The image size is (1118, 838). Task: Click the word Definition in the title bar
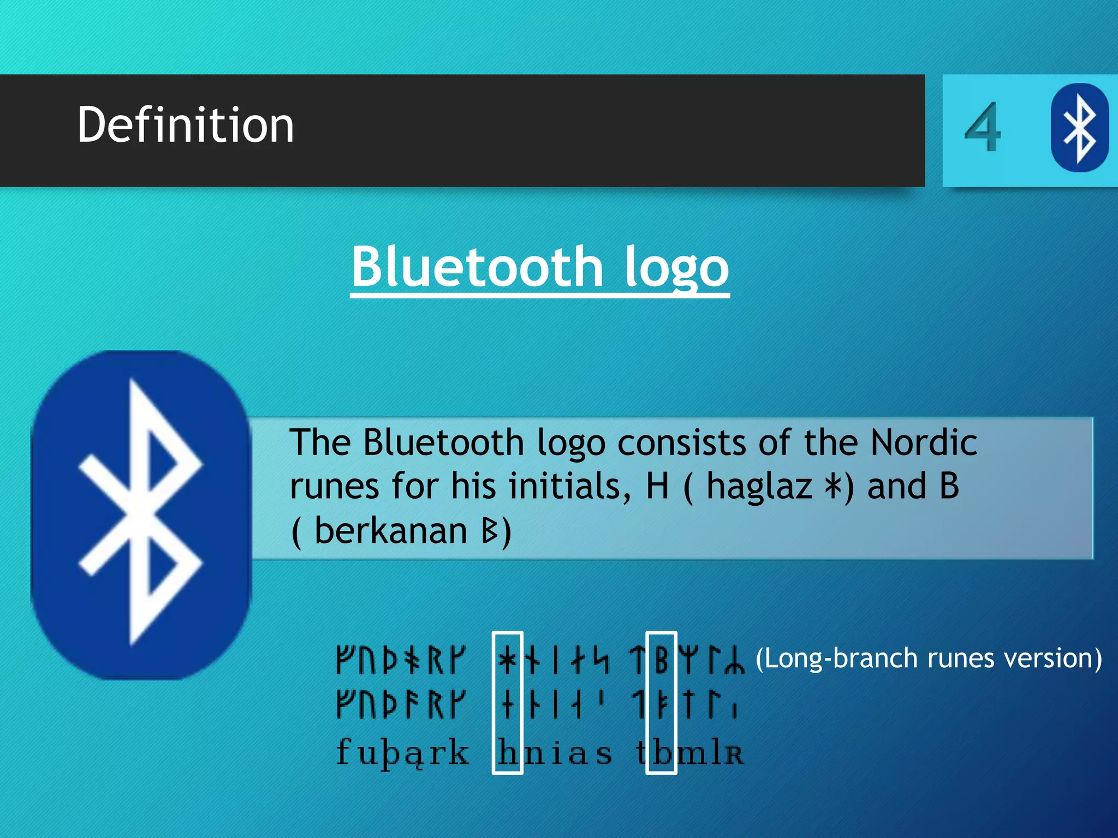point(186,125)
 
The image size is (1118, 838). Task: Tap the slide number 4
point(983,129)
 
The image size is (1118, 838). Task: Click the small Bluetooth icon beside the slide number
point(1079,128)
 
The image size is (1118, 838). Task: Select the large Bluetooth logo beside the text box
point(141,514)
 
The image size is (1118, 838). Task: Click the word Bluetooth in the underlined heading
point(477,267)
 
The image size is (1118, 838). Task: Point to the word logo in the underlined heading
point(676,267)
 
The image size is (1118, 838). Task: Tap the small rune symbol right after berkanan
point(490,530)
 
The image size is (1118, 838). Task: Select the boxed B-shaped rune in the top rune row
point(661,660)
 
